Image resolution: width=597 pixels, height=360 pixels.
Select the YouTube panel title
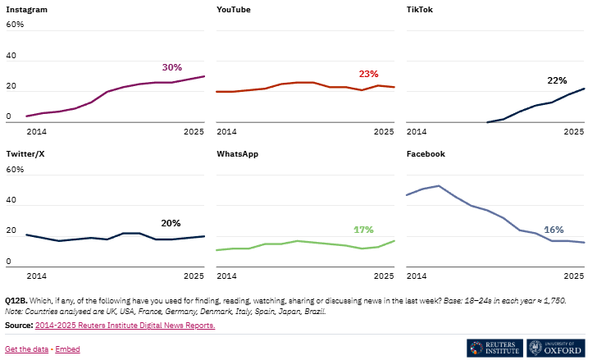pyautogui.click(x=234, y=9)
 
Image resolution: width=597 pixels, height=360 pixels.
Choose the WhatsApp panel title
pyautogui.click(x=238, y=153)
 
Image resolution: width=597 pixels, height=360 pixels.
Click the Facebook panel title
pyautogui.click(x=426, y=153)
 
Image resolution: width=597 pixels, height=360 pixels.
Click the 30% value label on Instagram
pyautogui.click(x=171, y=67)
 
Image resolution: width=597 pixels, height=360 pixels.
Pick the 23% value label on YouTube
pyautogui.click(x=368, y=74)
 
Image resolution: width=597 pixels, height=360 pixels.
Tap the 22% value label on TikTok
pyautogui.click(x=557, y=80)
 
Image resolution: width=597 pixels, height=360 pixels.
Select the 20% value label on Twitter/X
pyautogui.click(x=171, y=223)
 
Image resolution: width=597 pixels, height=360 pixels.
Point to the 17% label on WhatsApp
pyautogui.click(x=363, y=229)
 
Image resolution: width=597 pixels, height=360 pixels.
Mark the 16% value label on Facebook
pyautogui.click(x=554, y=230)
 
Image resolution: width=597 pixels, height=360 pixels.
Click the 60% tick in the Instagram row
pyautogui.click(x=16, y=25)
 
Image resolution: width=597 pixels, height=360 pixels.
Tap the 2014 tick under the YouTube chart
pyautogui.click(x=226, y=131)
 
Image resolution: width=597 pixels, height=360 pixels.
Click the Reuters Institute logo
pyautogui.click(x=494, y=348)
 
